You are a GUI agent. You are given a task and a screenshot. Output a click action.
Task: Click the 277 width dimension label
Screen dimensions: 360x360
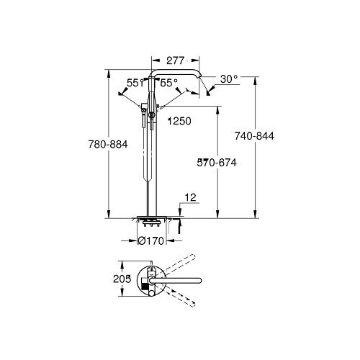[x=176, y=60]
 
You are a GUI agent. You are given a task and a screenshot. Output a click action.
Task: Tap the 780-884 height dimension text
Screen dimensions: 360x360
[x=108, y=145]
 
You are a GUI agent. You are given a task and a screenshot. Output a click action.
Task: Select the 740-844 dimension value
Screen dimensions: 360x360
[x=254, y=136]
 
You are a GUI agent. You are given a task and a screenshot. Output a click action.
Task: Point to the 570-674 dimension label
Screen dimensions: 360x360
[x=217, y=163]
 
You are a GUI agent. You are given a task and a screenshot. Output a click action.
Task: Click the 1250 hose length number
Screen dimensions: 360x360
[x=179, y=121]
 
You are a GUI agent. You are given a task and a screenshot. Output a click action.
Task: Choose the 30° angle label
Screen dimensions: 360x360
[x=229, y=79]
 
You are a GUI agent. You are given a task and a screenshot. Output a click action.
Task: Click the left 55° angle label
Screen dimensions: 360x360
[x=135, y=83]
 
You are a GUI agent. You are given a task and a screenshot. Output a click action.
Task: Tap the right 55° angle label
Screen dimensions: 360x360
[x=169, y=83]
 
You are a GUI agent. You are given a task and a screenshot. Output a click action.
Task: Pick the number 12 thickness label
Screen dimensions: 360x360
[x=191, y=197]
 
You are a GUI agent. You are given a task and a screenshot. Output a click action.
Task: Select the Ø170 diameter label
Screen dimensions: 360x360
[x=151, y=240]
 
